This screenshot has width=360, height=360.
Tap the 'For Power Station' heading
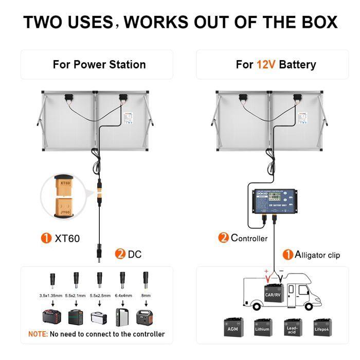[x=99, y=65]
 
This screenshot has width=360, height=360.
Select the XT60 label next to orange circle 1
[x=67, y=238]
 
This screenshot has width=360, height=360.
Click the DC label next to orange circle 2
[x=134, y=254]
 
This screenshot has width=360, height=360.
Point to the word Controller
[x=249, y=238]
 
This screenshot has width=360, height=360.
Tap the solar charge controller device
[x=273, y=202]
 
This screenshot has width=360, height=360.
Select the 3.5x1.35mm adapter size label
[x=51, y=296]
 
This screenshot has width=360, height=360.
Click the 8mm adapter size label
[x=145, y=296]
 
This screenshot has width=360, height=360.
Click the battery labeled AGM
[x=233, y=327]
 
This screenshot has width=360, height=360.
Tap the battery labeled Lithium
[x=263, y=327]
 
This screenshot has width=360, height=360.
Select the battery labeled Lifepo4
[x=322, y=327]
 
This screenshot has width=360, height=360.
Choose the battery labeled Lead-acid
[x=293, y=327]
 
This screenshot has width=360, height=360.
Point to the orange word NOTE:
[x=38, y=334]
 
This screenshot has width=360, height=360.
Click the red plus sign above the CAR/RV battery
[x=266, y=271]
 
